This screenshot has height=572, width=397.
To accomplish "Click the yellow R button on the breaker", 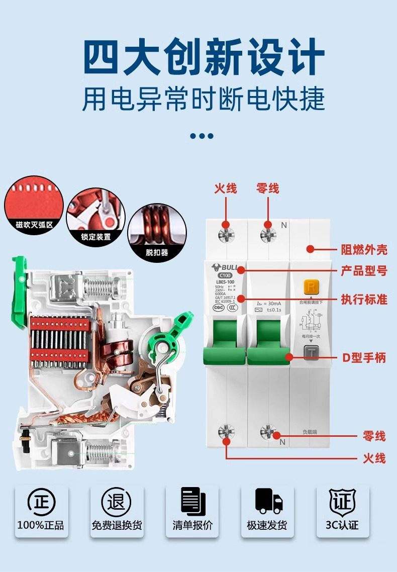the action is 312,288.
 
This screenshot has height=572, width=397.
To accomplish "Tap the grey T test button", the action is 312,352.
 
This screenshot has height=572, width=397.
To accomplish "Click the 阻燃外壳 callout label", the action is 364,249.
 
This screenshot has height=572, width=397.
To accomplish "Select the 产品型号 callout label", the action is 364,270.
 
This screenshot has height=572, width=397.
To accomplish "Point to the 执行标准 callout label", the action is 364,299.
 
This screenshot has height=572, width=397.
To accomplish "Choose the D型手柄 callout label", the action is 364,358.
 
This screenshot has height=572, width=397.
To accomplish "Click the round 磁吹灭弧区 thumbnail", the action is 34,204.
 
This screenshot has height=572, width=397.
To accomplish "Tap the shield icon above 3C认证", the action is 342,500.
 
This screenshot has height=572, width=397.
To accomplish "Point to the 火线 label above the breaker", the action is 226,188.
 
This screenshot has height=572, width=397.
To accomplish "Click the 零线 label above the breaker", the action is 267,188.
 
